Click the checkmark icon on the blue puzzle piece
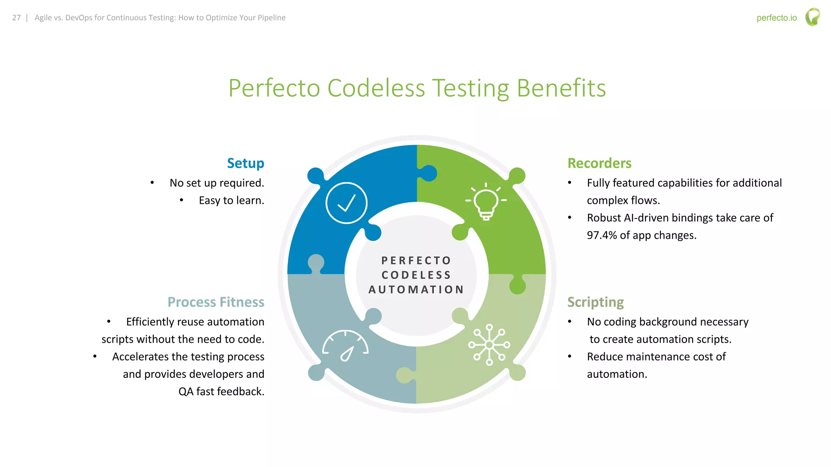pos(346,203)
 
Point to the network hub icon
pos(489,345)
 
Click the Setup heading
pos(245,163)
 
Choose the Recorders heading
pos(599,163)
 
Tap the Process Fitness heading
pos(216,302)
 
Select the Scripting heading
pos(595,302)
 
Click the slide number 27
pos(16,18)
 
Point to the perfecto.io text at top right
pos(777,18)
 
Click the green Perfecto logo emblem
pos(812,17)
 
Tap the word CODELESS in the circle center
pos(416,275)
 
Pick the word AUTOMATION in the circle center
pos(416,289)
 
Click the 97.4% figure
pos(602,235)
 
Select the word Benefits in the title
pos(561,88)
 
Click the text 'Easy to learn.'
pos(231,200)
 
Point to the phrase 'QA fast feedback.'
pos(221,391)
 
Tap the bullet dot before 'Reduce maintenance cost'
pos(570,357)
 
